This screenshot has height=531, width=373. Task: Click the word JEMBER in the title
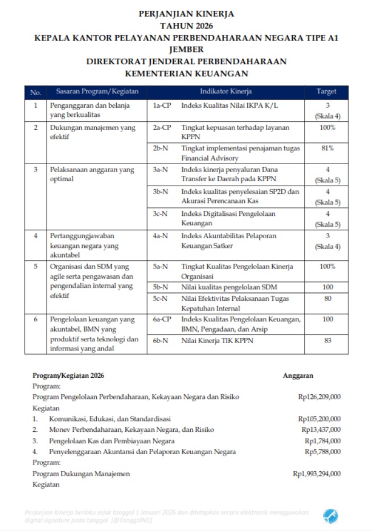[x=186, y=49]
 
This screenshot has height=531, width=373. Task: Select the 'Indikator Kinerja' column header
[x=226, y=91]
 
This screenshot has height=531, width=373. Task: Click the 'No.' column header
[x=35, y=92]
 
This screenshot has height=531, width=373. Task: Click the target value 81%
[x=327, y=148]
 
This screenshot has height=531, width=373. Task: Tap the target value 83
[x=327, y=341]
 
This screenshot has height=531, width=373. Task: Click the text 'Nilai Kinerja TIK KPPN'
[x=217, y=341]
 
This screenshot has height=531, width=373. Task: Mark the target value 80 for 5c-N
[x=327, y=298]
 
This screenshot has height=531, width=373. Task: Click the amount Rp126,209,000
[x=319, y=397]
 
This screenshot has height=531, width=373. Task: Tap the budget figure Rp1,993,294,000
[x=317, y=473]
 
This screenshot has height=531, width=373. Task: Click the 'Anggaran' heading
[x=298, y=375]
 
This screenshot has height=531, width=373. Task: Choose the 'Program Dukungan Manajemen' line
[x=81, y=473]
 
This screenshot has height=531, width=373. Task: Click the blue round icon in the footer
[x=331, y=516]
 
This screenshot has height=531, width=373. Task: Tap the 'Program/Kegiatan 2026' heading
[x=68, y=375]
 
